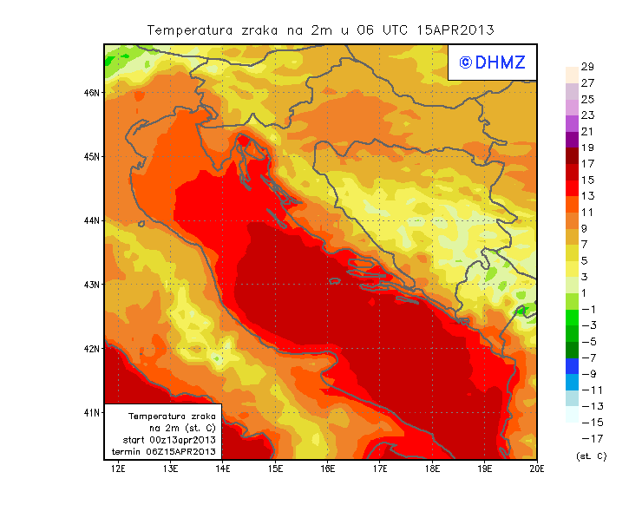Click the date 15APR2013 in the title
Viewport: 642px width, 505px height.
coord(455,30)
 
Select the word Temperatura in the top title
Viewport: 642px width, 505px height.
coord(190,30)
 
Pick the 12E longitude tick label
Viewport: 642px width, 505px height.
coord(118,469)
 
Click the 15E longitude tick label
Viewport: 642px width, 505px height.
coord(275,469)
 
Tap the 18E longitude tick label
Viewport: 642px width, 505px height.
coord(432,469)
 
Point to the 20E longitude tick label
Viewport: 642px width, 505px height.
coord(537,469)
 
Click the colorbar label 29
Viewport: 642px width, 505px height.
coord(586,67)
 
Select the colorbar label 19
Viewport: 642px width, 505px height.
coord(586,148)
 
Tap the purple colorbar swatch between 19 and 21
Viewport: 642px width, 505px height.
coord(571,140)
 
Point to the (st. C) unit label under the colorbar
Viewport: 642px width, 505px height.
coord(591,456)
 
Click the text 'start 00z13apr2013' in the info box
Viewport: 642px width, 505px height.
coord(163,440)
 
